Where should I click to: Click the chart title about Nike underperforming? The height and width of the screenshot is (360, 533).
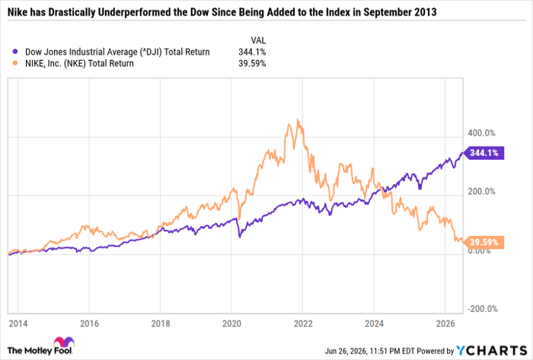pyautogui.click(x=222, y=12)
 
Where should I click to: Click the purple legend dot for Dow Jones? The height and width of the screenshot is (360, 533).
pyautogui.click(x=15, y=52)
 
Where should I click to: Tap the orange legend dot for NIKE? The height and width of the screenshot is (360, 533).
pyautogui.click(x=15, y=63)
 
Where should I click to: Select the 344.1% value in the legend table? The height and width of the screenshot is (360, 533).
pyautogui.click(x=252, y=52)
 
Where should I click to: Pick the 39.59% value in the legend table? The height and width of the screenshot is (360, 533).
pyautogui.click(x=252, y=63)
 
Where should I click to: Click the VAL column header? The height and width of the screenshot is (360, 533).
pyautogui.click(x=258, y=40)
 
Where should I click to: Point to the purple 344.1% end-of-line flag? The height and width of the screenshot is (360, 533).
pyautogui.click(x=484, y=153)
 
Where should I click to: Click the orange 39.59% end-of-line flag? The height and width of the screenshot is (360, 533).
pyautogui.click(x=484, y=242)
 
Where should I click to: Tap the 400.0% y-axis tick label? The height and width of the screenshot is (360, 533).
pyautogui.click(x=481, y=132)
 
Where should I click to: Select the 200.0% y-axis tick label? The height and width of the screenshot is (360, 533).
pyautogui.click(x=481, y=192)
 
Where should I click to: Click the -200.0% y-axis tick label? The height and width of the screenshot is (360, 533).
pyautogui.click(x=483, y=309)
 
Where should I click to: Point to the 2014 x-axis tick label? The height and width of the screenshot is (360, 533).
pyautogui.click(x=18, y=323)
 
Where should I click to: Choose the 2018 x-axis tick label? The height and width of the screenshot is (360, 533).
pyautogui.click(x=161, y=323)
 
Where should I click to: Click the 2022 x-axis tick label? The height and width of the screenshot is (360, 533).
pyautogui.click(x=303, y=323)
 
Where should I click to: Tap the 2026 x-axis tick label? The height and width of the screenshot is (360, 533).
pyautogui.click(x=445, y=323)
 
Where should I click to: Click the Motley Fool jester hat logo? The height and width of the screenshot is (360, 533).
pyautogui.click(x=64, y=342)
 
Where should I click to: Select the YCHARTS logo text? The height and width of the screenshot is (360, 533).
pyautogui.click(x=491, y=350)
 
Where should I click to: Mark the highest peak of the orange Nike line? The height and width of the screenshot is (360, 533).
pyautogui.click(x=298, y=119)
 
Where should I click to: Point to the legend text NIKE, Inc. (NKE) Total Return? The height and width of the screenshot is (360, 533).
pyautogui.click(x=79, y=63)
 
